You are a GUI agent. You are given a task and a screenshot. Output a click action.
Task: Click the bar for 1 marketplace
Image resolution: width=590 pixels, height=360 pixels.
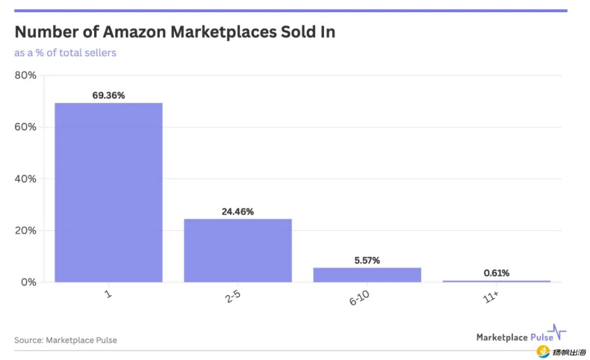click(108, 192)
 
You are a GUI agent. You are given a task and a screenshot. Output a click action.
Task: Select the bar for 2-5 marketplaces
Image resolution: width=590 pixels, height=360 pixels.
click(238, 250)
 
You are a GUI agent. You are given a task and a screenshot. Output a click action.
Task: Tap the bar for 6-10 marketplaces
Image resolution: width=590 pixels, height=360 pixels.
click(367, 275)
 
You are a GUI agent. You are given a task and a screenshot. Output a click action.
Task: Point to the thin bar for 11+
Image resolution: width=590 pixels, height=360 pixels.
click(496, 281)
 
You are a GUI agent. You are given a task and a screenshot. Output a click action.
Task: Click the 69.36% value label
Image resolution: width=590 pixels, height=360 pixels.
click(108, 96)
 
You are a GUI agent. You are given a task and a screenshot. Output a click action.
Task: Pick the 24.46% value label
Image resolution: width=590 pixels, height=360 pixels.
click(238, 211)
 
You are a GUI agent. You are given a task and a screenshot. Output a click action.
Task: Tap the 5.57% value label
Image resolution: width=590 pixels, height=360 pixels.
click(367, 261)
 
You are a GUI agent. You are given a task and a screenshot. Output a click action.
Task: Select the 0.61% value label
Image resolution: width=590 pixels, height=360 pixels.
click(496, 273)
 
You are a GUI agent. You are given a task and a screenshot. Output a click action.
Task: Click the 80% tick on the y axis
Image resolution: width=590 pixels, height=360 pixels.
click(25, 75)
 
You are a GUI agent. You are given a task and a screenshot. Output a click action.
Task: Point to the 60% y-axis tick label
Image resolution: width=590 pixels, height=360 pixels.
click(25, 127)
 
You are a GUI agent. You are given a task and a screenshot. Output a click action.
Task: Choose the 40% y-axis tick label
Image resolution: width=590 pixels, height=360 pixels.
click(25, 179)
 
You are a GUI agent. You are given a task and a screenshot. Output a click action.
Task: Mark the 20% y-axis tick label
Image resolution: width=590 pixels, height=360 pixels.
click(25, 231)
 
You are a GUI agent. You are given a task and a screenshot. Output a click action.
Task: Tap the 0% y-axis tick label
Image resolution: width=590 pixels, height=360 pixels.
click(28, 282)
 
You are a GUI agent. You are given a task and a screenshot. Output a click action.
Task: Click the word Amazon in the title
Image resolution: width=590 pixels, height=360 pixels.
click(134, 32)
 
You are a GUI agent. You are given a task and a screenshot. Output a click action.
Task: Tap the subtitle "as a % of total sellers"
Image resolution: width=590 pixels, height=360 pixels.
click(65, 53)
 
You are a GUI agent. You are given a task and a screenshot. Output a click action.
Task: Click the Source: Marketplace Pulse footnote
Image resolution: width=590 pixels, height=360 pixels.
click(66, 340)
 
